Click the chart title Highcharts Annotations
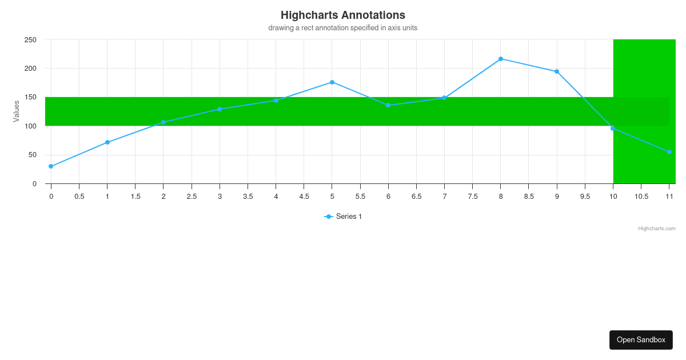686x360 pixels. [x=342, y=15]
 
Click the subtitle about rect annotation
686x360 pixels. [x=342, y=28]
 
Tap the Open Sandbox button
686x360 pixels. [x=641, y=339]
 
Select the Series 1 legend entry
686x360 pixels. [x=343, y=217]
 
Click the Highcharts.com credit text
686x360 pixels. [x=656, y=229]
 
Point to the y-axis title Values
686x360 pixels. [x=17, y=111]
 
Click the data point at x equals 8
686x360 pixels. [x=501, y=59]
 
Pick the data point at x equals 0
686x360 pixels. [x=51, y=166]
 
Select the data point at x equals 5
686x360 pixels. [x=332, y=82]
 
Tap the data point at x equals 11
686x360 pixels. [x=669, y=152]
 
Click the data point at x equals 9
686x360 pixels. [x=557, y=71]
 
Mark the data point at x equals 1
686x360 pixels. [x=107, y=142]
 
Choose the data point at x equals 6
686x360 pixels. [x=388, y=105]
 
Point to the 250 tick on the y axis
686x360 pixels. [x=30, y=40]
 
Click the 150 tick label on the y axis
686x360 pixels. [x=30, y=98]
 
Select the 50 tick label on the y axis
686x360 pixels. [x=32, y=155]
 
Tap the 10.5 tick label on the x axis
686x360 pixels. [x=641, y=197]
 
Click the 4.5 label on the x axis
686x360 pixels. [x=304, y=197]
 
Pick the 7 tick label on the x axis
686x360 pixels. [x=444, y=197]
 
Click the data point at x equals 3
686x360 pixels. [x=220, y=109]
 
